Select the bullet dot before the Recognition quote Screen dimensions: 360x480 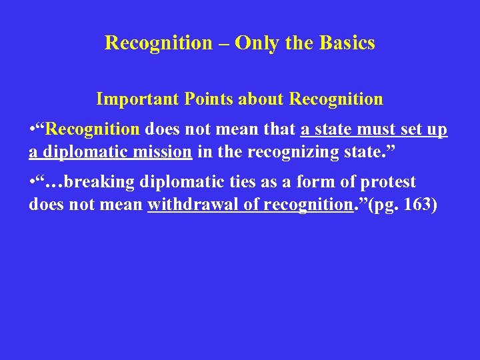click(32, 129)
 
